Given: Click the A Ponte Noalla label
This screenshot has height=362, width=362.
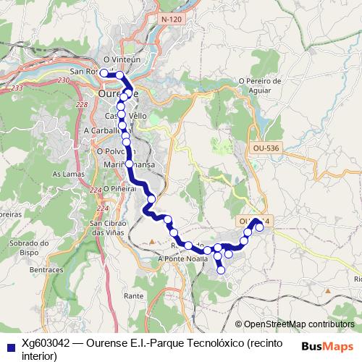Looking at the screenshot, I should coord(178,258).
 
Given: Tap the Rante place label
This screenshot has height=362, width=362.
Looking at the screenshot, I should coord(133,296).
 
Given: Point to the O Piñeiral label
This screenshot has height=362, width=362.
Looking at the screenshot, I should coord(119,188).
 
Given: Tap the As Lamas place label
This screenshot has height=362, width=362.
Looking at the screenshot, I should coord(66,174).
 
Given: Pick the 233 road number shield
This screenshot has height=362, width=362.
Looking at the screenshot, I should coord(18,88).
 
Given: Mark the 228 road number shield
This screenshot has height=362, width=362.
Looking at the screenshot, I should coord(81,106).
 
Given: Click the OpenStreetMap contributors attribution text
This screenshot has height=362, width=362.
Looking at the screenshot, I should coord(299,324).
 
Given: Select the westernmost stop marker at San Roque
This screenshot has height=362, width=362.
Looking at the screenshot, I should coord(104,72).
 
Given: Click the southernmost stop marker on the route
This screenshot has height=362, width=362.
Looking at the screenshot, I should coord(222,271).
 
